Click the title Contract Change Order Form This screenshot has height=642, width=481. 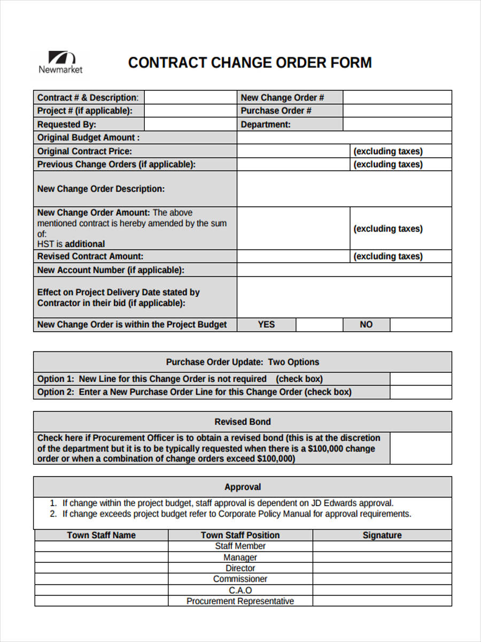[250, 63]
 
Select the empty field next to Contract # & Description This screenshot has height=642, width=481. [191, 97]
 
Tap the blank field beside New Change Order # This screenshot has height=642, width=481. [397, 97]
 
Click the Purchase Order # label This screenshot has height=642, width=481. [276, 111]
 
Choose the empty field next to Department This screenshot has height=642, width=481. [397, 125]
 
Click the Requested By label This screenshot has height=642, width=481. [67, 125]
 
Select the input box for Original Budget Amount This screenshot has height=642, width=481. [344, 137]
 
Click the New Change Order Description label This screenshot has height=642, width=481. [101, 189]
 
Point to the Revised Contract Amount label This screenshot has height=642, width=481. [90, 256]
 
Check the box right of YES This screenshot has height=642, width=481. [319, 325]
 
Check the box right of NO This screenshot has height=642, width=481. [420, 325]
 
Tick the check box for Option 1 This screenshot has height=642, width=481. [420, 379]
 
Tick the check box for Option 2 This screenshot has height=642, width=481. [420, 392]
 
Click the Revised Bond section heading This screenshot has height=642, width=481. [242, 422]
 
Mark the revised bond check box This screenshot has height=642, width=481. [420, 448]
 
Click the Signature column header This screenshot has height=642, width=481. [382, 535]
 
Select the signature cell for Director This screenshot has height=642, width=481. [382, 568]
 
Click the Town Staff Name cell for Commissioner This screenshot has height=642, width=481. [102, 579]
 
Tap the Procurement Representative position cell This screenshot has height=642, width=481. [240, 601]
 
